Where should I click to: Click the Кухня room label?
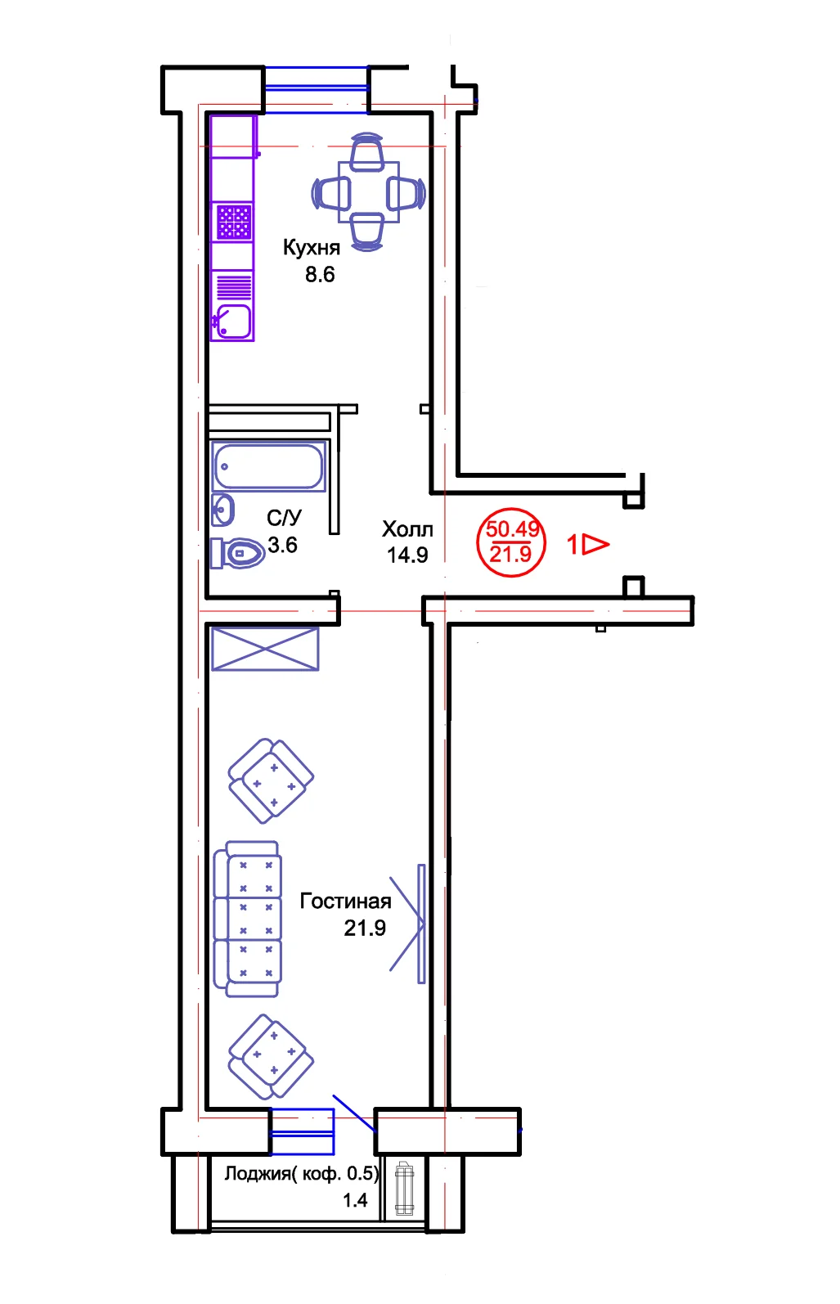click(312, 247)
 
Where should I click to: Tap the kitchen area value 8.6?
click(320, 274)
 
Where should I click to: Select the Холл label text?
click(407, 529)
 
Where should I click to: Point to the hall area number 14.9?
click(407, 555)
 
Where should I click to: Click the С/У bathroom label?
click(284, 518)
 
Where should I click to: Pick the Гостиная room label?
click(345, 902)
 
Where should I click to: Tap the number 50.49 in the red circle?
click(512, 529)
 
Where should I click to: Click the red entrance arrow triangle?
click(595, 545)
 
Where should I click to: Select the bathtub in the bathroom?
click(268, 466)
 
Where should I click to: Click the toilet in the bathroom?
click(237, 552)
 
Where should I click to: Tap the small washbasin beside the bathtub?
click(222, 510)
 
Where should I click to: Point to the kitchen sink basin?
click(233, 322)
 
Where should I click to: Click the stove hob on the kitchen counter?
click(234, 222)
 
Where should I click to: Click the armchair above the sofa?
click(271, 780)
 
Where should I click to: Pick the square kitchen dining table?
click(369, 192)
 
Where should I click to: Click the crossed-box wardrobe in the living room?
click(265, 649)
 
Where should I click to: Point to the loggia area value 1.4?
click(355, 1200)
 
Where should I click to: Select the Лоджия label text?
click(258, 1174)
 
